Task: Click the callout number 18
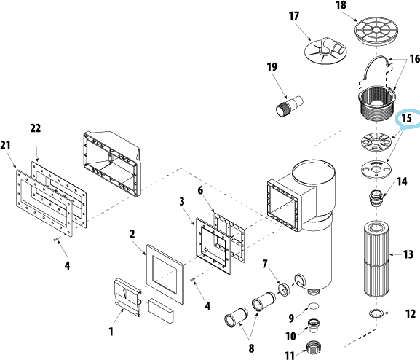pos(341,5)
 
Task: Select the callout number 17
pos(293,16)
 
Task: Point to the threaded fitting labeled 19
pos(290,106)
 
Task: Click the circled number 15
pos(407,118)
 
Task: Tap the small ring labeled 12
pos(376,313)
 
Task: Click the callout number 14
pos(402,181)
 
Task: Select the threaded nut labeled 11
pos(314,347)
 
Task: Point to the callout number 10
pos(290,336)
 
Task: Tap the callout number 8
pos(251,348)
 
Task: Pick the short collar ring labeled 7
pos(284,290)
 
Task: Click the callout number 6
pos(200,190)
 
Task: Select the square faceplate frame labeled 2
pos(165,274)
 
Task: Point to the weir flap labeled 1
pos(127,297)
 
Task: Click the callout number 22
pos(36,128)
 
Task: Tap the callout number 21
pos(5,145)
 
